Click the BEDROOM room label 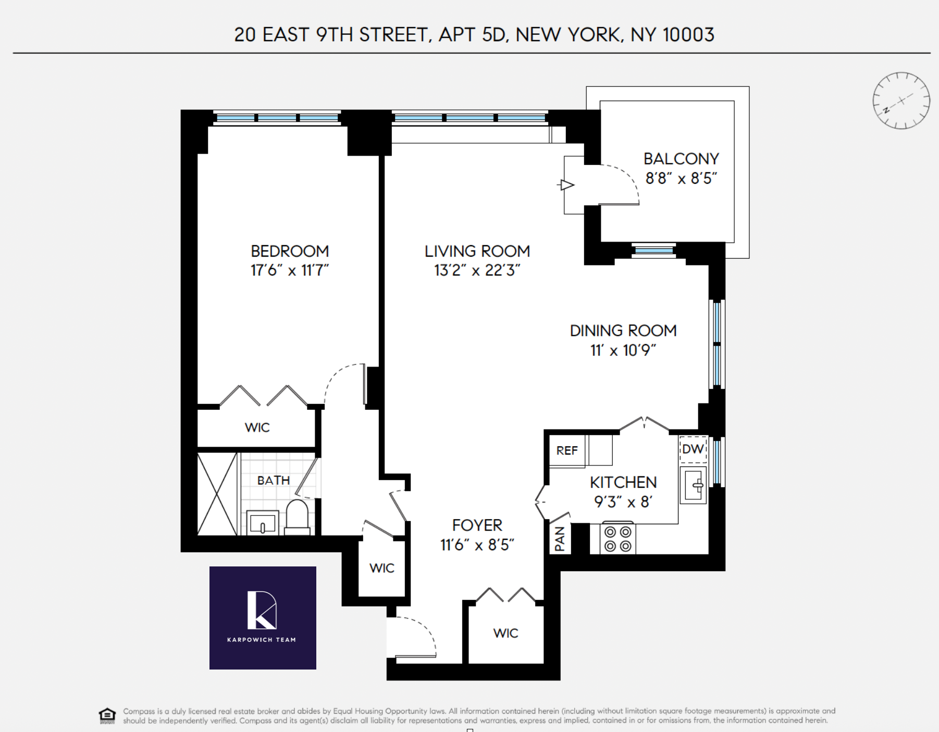coord(290,251)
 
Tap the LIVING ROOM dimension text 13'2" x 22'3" coord(477,271)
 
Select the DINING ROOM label coord(623,331)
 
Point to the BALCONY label coord(681,159)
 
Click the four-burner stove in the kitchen coord(618,539)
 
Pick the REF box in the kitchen coord(567,451)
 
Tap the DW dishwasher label coord(693,449)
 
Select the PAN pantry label coord(560,539)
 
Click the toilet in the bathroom coord(298,516)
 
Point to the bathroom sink coord(263,523)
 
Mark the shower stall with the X coord(217,494)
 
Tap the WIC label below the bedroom coord(257,427)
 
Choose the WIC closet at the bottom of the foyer coord(505,633)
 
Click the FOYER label coord(477,525)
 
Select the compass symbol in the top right coord(901,100)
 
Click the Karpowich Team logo coord(263,617)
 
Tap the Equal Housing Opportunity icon coord(107,715)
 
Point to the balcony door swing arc coord(625,180)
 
